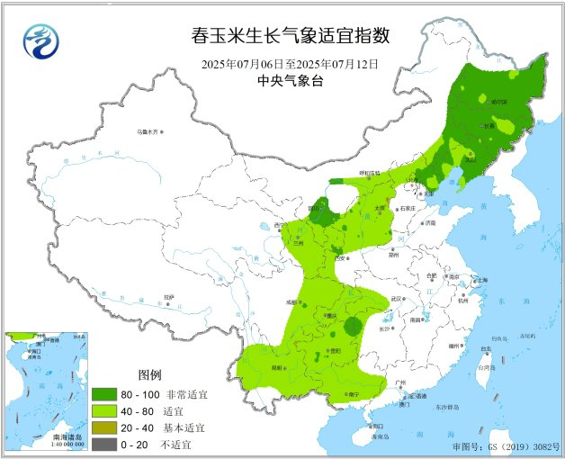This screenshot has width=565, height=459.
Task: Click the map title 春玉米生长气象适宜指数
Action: click(291, 36)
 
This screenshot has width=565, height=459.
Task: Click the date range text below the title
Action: click(290, 64)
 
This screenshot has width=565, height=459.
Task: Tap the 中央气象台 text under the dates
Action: click(290, 80)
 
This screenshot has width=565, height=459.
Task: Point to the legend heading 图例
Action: click(149, 374)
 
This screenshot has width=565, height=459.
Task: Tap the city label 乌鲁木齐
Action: click(147, 131)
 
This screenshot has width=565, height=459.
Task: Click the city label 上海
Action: click(480, 281)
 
